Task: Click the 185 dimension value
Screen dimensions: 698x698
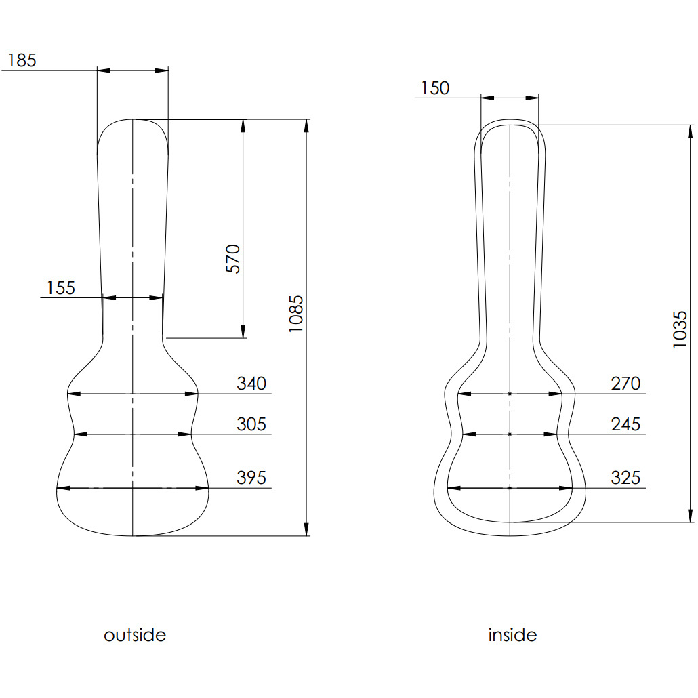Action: (22, 60)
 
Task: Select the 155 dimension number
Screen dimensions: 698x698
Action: (60, 288)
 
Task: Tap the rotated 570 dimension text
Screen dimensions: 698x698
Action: (233, 258)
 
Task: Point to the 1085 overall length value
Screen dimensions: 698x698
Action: (296, 314)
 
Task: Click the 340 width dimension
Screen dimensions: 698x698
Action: (251, 384)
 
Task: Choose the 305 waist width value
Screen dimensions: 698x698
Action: (251, 424)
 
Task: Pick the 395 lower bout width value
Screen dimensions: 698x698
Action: (251, 478)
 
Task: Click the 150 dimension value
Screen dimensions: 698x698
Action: (434, 88)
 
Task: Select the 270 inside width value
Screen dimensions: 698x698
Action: (625, 384)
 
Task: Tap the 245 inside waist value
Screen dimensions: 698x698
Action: (625, 424)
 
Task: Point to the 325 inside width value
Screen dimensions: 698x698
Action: (625, 478)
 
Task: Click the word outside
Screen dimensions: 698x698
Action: (135, 635)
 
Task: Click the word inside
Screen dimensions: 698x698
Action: (512, 635)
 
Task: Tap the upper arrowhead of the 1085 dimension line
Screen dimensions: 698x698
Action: (307, 125)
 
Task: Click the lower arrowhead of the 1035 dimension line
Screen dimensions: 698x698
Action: (690, 516)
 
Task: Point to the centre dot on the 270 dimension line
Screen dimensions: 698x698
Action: (510, 393)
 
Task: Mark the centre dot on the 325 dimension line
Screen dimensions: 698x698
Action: (510, 487)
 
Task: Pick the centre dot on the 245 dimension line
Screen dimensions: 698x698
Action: (510, 434)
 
